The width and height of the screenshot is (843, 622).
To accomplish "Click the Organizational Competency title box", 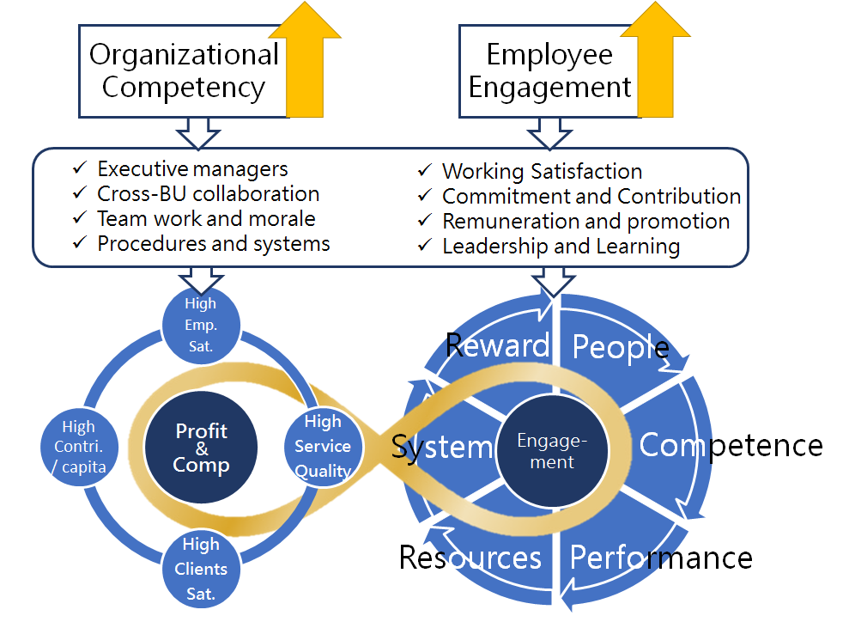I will click(184, 71).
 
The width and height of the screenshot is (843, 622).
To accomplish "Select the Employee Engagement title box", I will click(549, 71).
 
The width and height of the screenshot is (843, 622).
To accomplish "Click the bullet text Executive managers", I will click(192, 169).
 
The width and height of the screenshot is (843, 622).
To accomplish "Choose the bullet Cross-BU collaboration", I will click(208, 194).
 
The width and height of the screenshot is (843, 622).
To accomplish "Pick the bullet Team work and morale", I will click(206, 219).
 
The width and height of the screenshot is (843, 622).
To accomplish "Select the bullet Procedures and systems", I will click(213, 244).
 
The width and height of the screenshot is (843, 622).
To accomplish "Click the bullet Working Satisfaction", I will click(542, 172).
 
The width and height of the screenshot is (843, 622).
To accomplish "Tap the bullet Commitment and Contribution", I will click(591, 197).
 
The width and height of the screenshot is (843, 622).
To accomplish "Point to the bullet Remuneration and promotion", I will click(585, 222).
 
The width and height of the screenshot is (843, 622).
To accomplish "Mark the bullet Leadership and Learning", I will click(561, 247).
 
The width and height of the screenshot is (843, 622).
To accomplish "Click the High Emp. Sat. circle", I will click(201, 325).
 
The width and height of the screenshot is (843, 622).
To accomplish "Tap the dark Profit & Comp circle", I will click(202, 448).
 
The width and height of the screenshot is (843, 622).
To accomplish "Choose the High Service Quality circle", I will click(323, 447).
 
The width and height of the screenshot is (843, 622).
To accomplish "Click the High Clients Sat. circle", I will click(201, 569).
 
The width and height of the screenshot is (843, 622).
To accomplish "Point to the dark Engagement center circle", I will click(552, 451).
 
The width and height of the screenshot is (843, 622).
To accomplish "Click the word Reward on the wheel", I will click(497, 345).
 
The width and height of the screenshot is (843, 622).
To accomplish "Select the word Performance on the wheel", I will click(661, 558).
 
